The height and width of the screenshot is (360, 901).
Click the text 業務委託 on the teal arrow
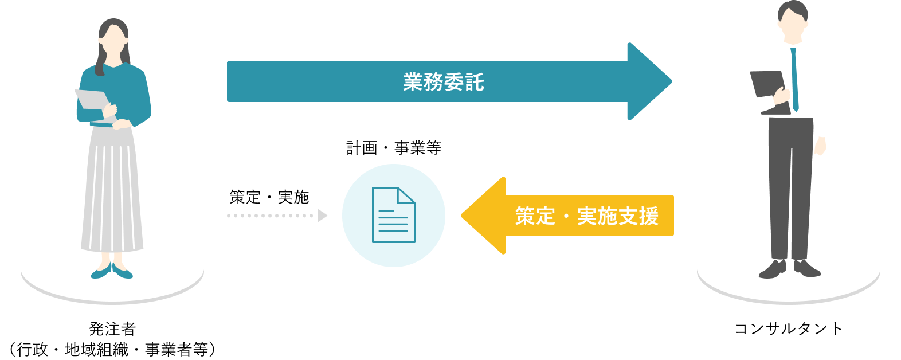click(443, 82)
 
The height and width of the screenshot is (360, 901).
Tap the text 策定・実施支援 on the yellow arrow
click(586, 216)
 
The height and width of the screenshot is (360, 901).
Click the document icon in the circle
click(393, 215)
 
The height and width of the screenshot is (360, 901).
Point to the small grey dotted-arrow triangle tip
click(323, 216)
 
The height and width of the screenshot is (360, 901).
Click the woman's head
click(113, 37)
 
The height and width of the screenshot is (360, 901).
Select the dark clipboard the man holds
click(768, 86)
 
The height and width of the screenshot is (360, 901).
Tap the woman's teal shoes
click(112, 271)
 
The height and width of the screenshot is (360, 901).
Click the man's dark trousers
click(791, 183)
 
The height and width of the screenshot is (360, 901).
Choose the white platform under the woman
click(57, 275)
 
